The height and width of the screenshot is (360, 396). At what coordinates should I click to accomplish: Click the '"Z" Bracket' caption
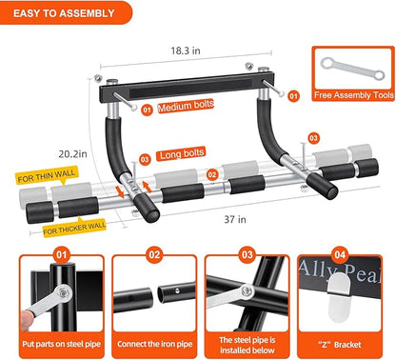click(340, 341)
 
